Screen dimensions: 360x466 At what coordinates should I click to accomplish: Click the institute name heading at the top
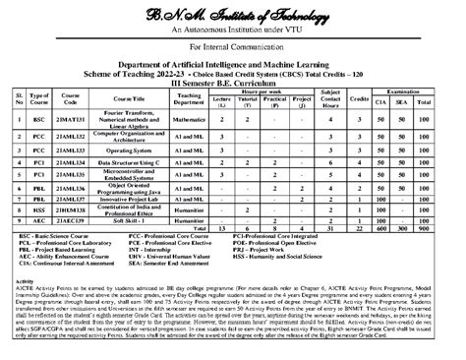click(x=234, y=12)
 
